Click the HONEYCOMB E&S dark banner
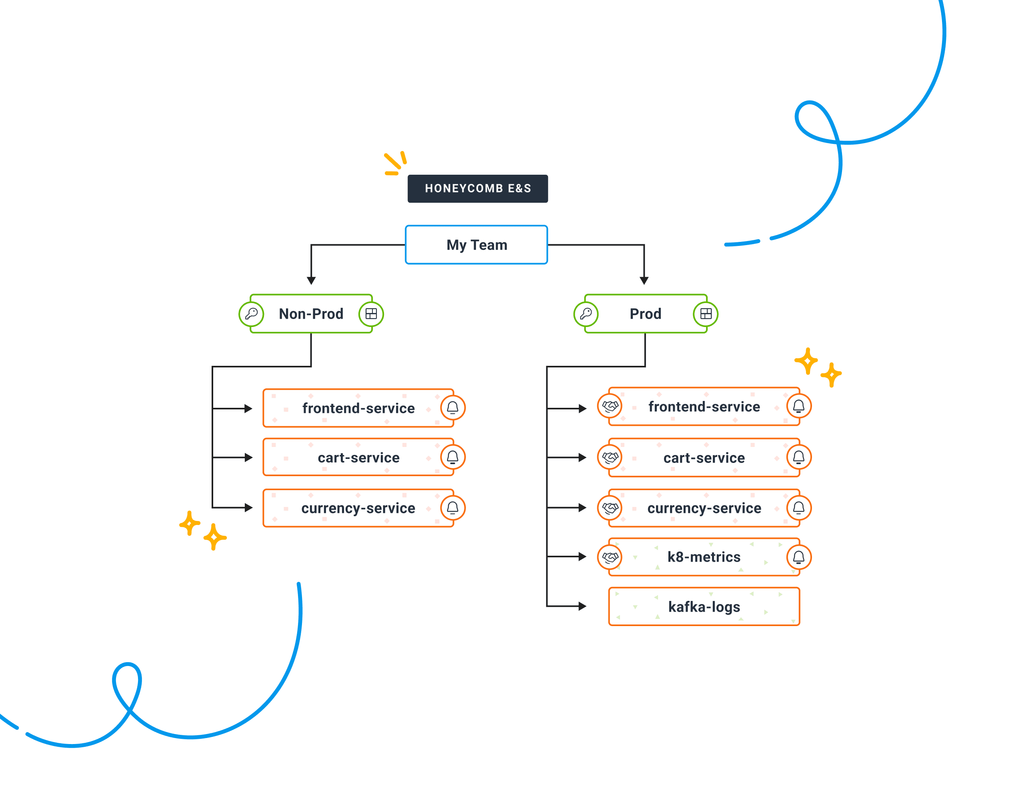pyautogui.click(x=477, y=188)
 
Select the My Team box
pyautogui.click(x=476, y=245)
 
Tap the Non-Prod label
pyautogui.click(x=311, y=314)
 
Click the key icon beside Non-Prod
pyautogui.click(x=251, y=314)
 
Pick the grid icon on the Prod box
pyautogui.click(x=706, y=314)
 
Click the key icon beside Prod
pyautogui.click(x=586, y=314)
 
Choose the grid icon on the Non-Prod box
pyautogui.click(x=371, y=314)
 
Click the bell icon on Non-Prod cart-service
pyautogui.click(x=453, y=457)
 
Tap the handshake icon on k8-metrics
pyautogui.click(x=610, y=557)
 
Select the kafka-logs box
pyautogui.click(x=704, y=606)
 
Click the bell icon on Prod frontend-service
pyautogui.click(x=798, y=406)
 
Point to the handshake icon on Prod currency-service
pyautogui.click(x=610, y=508)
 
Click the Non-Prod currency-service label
pyautogui.click(x=358, y=508)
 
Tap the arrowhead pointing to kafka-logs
pyautogui.click(x=582, y=606)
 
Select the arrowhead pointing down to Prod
pyautogui.click(x=644, y=281)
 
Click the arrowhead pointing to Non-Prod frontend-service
pyautogui.click(x=248, y=409)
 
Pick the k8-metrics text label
pyautogui.click(x=704, y=557)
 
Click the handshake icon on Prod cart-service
pyautogui.click(x=610, y=457)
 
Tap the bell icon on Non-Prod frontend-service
pyautogui.click(x=453, y=407)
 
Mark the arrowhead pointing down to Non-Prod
pyautogui.click(x=311, y=281)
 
